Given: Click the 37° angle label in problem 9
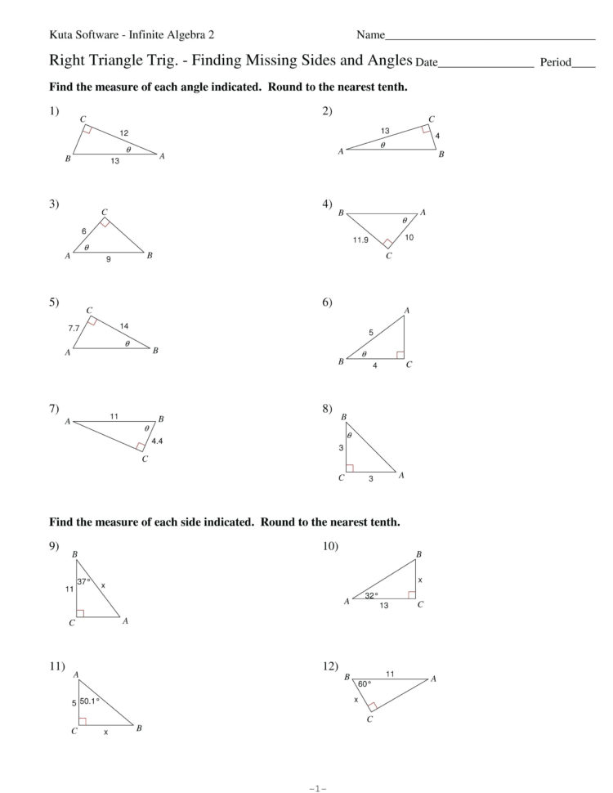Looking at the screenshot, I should pyautogui.click(x=83, y=581).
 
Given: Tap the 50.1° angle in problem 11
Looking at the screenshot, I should pyautogui.click(x=89, y=701).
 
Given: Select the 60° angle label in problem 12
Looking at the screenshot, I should pyautogui.click(x=364, y=683).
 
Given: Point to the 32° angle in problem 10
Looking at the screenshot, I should pyautogui.click(x=371, y=595).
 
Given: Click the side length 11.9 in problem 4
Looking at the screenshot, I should pyautogui.click(x=360, y=240).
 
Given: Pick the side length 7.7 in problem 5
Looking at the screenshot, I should pyautogui.click(x=73, y=328).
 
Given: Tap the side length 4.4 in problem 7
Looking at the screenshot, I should pyautogui.click(x=158, y=441).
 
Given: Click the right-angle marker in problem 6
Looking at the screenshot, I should pyautogui.click(x=400, y=355).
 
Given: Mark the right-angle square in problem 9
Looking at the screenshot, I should pyautogui.click(x=79, y=612).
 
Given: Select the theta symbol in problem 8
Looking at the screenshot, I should pyautogui.click(x=349, y=436).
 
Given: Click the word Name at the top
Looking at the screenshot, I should pyautogui.click(x=369, y=35).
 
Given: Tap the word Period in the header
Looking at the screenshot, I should pyautogui.click(x=555, y=62).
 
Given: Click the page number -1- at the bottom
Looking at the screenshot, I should pyautogui.click(x=318, y=788).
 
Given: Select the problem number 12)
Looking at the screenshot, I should pyautogui.click(x=331, y=667).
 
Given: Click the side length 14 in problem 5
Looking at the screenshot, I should pyautogui.click(x=124, y=326).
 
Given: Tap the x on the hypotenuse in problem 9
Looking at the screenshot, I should pyautogui.click(x=104, y=585).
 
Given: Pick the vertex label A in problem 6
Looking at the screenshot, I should pyautogui.click(x=406, y=310).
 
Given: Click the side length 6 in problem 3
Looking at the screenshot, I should pyautogui.click(x=83, y=231).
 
